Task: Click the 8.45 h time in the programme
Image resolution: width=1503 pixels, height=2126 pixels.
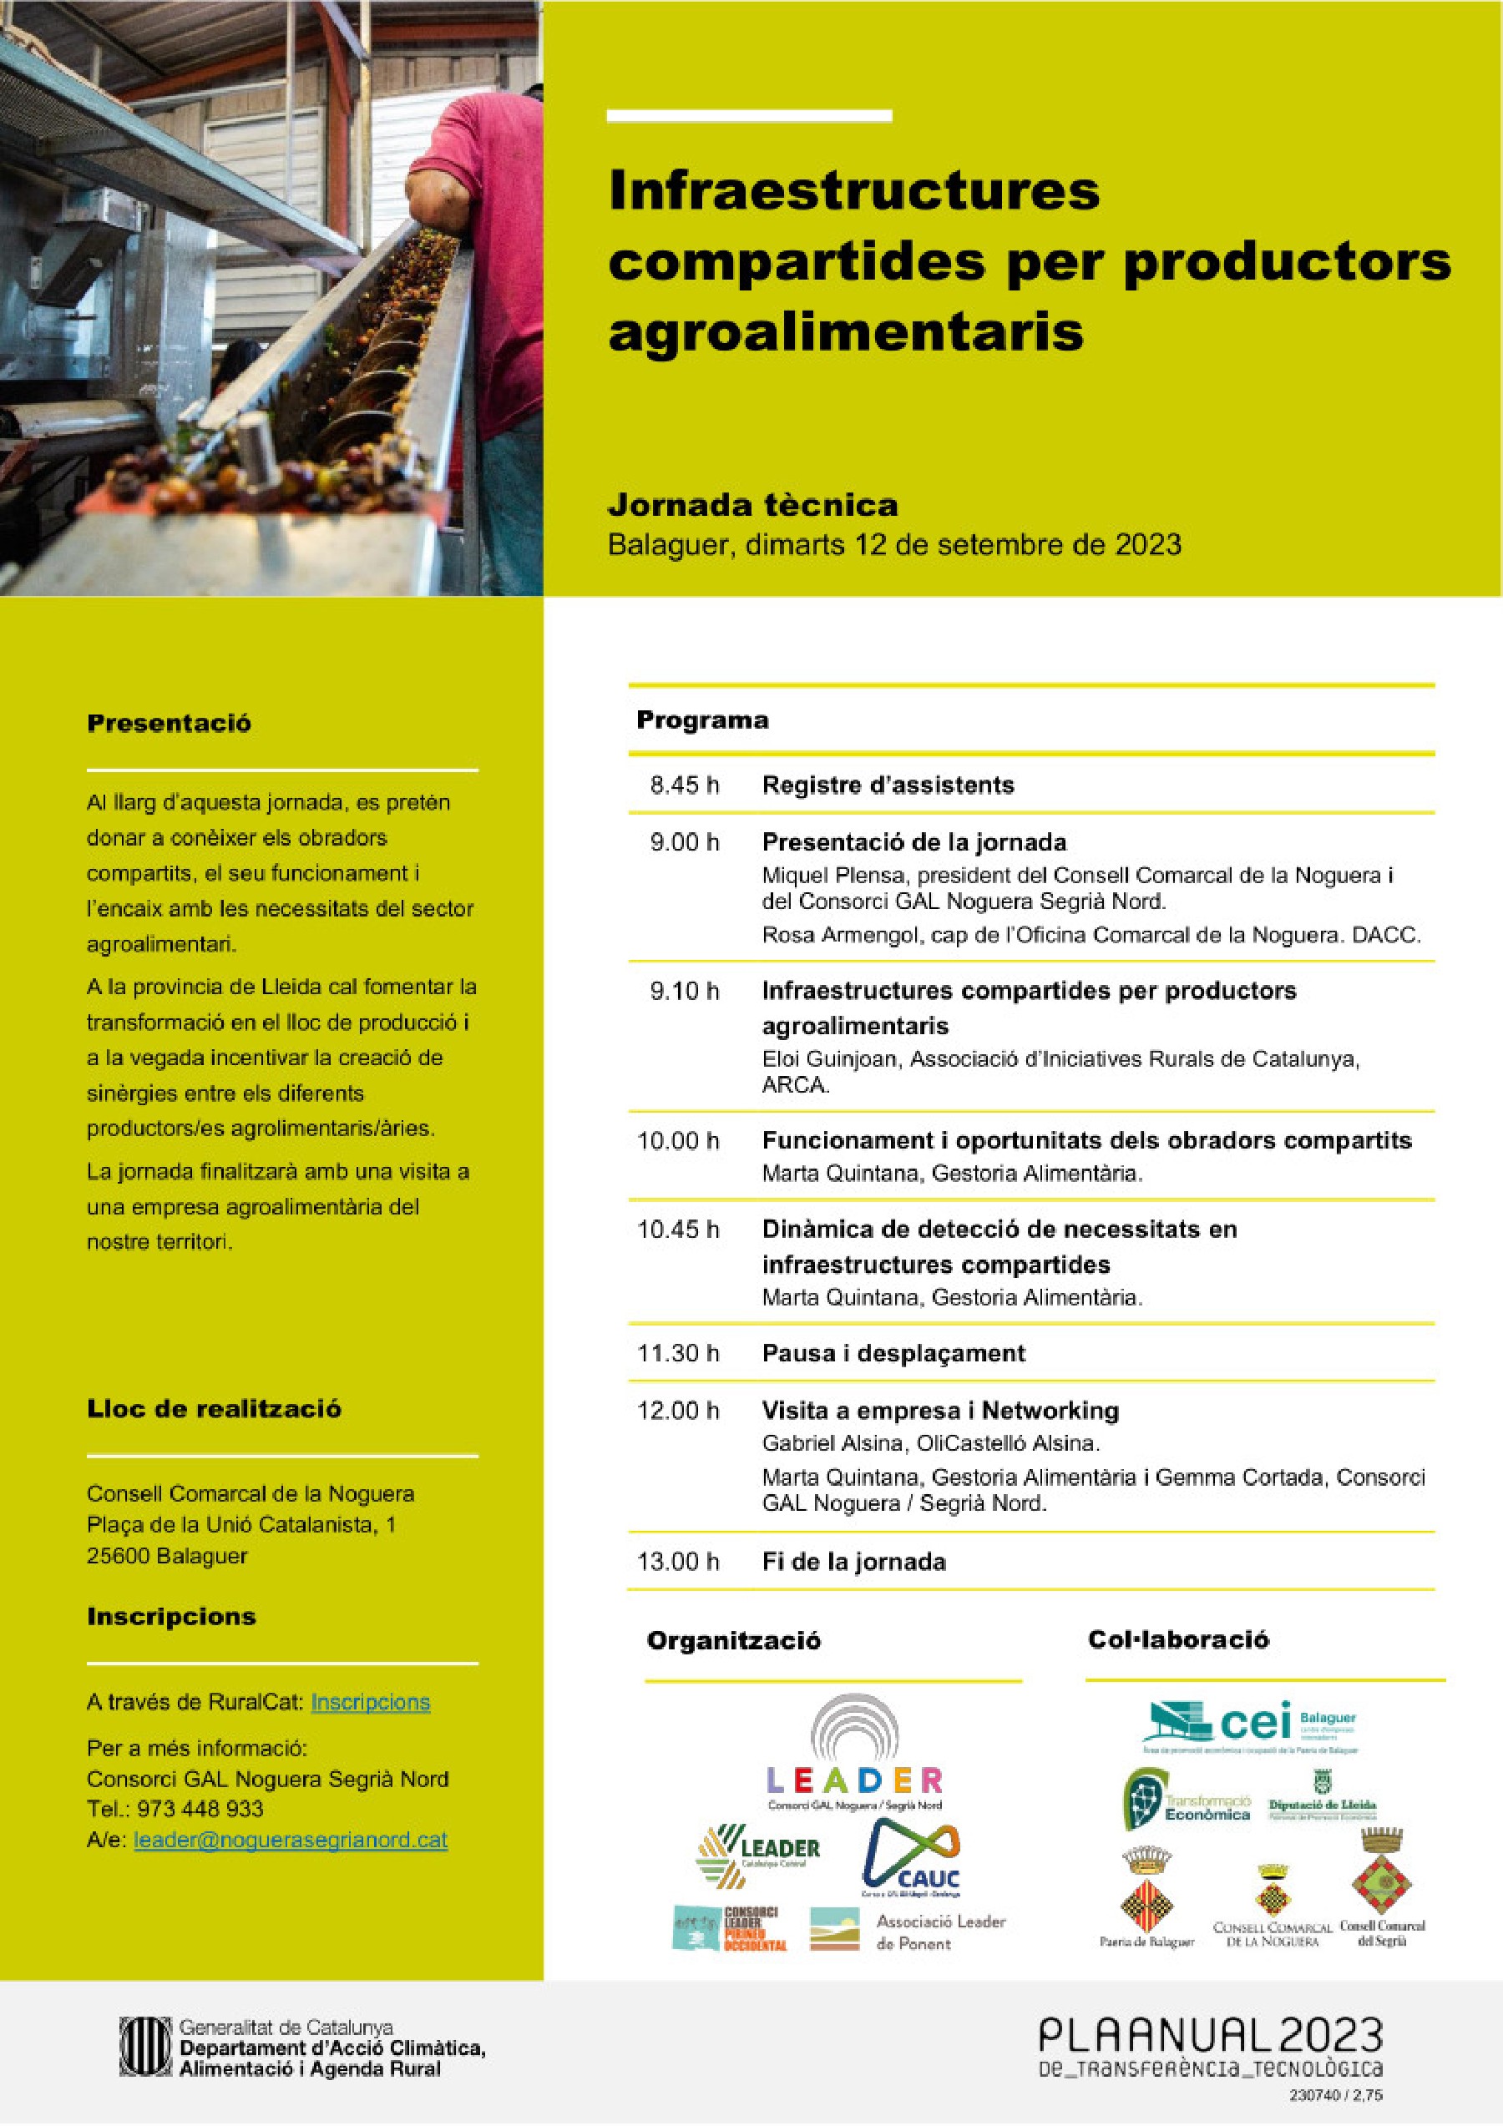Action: coord(685,785)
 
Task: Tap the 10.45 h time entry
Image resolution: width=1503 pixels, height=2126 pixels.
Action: coord(678,1229)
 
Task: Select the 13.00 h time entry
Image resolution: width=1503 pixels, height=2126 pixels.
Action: coord(678,1561)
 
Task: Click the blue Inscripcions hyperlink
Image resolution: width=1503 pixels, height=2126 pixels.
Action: coord(371,1702)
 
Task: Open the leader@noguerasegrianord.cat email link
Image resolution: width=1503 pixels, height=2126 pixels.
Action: coord(290,1840)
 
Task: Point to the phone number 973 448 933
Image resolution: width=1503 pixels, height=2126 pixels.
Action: coord(201,1809)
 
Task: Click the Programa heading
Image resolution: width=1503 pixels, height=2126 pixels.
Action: coord(702,720)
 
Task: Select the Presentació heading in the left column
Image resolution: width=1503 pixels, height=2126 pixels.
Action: coord(169,723)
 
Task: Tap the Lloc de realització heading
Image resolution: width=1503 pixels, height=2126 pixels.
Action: coord(214,1408)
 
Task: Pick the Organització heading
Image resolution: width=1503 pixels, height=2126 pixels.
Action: coord(733,1641)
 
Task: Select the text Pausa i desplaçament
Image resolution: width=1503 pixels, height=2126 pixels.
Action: coord(893,1353)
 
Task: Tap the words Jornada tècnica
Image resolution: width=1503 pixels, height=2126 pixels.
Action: coord(752,505)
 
